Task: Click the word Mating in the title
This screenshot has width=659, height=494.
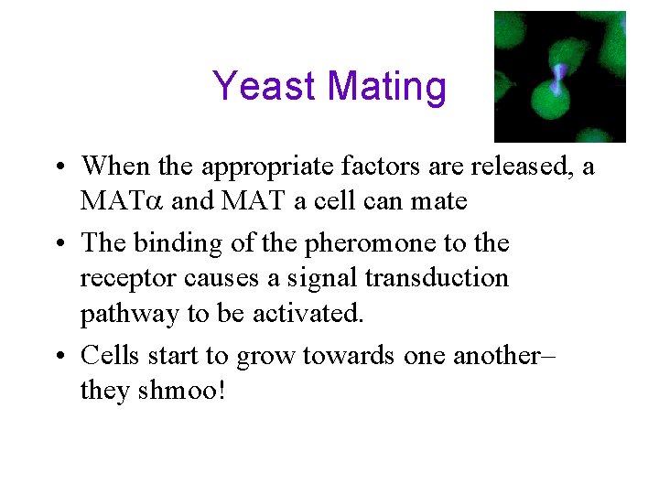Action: tap(386, 87)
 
